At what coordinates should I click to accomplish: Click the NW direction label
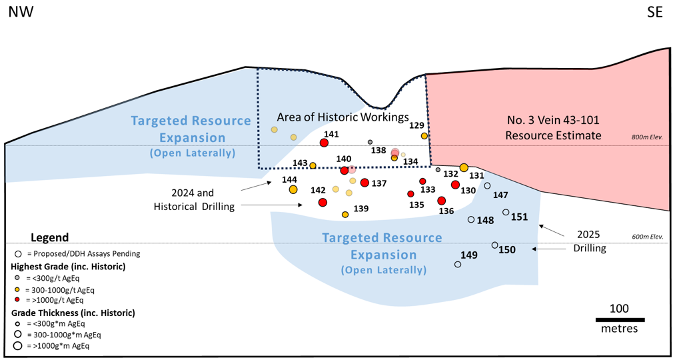tap(21, 11)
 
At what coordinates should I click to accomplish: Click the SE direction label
tap(654, 11)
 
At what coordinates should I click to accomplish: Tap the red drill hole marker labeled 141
tap(324, 143)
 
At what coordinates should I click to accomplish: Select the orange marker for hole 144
tap(293, 190)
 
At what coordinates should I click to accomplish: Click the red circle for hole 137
tap(364, 183)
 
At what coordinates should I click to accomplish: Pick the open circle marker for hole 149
tap(458, 265)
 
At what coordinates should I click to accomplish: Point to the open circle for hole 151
tap(506, 213)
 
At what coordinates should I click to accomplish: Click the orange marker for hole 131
tap(464, 167)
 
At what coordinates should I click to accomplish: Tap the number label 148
tap(486, 220)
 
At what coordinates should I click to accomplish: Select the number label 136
tap(446, 211)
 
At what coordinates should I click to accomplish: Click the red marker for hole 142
tap(323, 202)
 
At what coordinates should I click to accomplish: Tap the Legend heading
tap(49, 238)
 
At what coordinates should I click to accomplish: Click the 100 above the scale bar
tap(619, 309)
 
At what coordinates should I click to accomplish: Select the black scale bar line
tap(620, 320)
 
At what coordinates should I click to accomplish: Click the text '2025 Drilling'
tap(588, 241)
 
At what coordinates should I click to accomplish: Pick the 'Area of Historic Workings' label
tap(342, 117)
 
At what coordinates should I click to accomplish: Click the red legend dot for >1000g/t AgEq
tap(16, 300)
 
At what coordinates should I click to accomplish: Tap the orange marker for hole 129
tap(424, 136)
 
